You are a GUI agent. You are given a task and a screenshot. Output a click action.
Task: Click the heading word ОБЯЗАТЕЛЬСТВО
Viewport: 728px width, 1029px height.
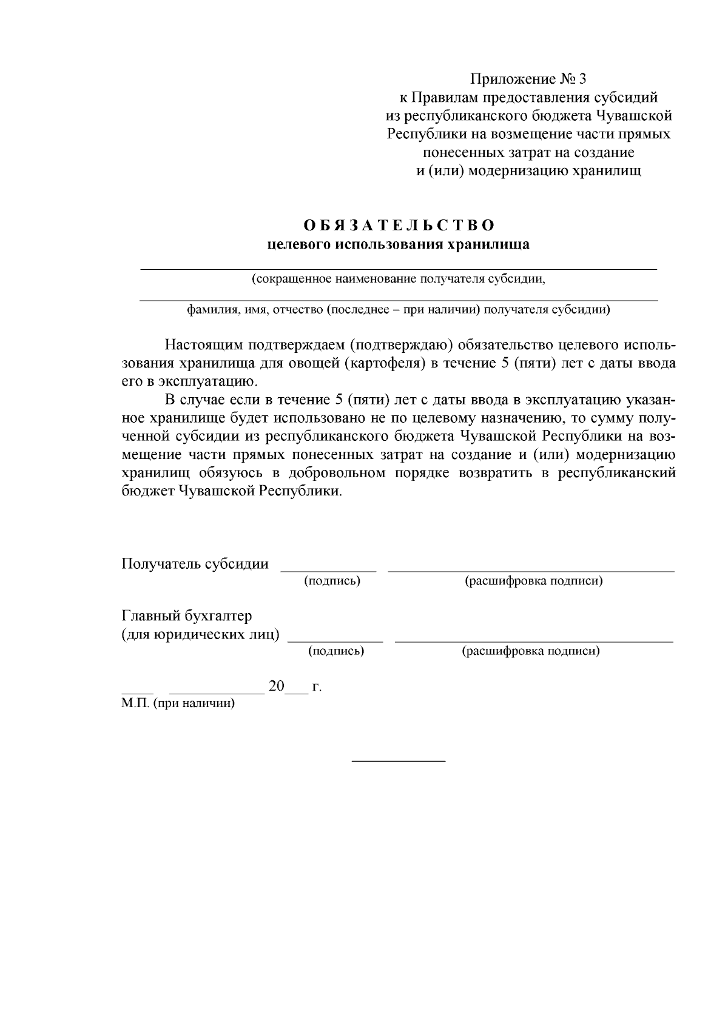399,226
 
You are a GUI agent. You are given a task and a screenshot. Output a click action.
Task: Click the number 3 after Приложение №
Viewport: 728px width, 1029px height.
583,79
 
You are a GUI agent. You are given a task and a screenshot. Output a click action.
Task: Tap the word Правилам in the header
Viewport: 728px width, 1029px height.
443,97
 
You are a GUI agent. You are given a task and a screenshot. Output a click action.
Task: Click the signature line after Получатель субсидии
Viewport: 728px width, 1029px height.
328,570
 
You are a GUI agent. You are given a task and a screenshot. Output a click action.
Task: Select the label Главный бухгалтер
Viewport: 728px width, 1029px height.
187,616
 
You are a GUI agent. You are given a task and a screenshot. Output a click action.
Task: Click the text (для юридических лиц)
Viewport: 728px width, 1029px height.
201,634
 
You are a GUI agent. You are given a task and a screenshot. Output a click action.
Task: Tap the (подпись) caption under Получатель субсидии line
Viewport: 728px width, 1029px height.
332,581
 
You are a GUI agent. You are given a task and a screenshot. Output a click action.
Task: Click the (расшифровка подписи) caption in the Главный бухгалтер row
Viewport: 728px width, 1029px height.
531,651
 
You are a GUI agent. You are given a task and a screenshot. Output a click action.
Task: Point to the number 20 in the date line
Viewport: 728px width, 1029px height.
276,686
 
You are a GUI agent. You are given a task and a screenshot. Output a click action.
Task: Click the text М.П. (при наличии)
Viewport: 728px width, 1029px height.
178,703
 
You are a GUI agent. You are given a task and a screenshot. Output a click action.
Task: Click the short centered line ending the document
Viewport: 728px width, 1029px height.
399,760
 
